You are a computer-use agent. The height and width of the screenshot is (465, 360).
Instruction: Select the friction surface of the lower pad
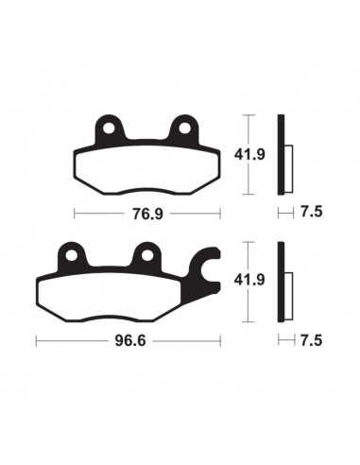pyautogui.click(x=118, y=293)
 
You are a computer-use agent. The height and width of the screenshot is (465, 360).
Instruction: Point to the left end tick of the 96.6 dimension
pyautogui.click(x=36, y=338)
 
